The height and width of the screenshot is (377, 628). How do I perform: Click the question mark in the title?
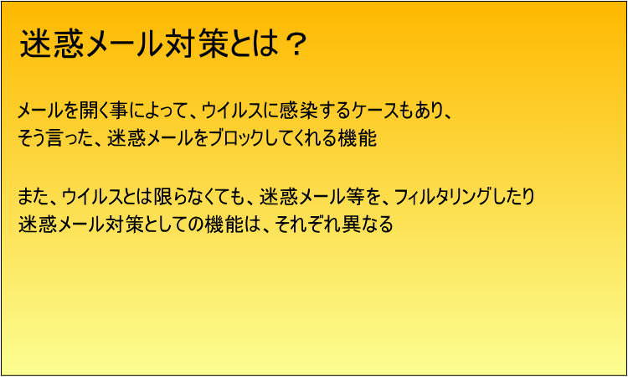[296, 44]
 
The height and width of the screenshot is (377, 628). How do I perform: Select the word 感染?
[293, 111]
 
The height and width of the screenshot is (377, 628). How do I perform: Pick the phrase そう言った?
[54, 138]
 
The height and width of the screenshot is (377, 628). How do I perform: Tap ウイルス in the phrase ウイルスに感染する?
[230, 111]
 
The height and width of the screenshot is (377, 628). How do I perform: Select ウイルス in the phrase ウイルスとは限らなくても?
[92, 196]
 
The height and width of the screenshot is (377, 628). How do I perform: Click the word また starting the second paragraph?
[33, 196]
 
